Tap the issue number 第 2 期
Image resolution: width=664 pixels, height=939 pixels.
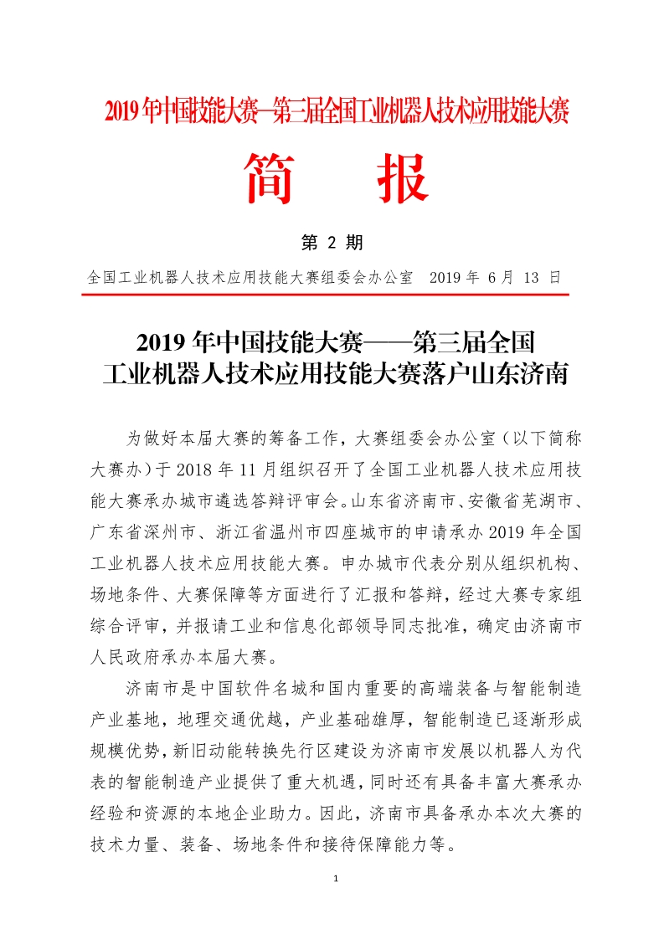coord(332,244)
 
